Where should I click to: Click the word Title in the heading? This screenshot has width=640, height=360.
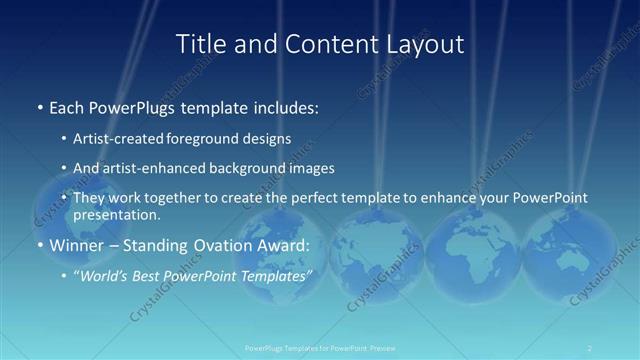(x=200, y=44)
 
